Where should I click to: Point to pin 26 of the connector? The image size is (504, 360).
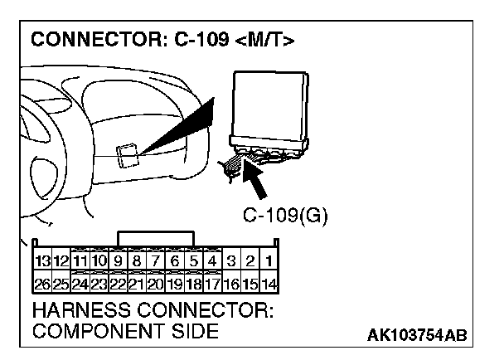coord(42,284)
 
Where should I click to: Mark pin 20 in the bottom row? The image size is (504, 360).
coord(155,284)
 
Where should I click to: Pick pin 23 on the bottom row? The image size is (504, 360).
coord(99,284)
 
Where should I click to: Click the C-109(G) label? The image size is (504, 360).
coord(285,216)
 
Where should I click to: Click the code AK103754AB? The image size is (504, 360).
coord(416,334)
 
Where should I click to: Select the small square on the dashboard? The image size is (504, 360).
coord(128,156)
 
